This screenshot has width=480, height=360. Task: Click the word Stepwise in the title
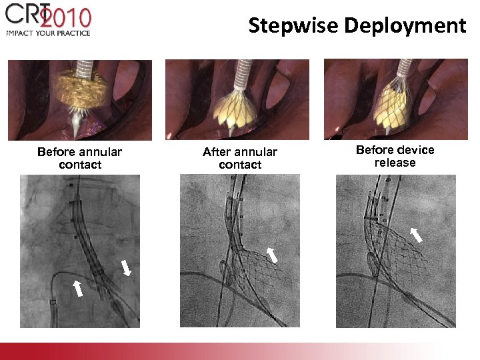[293, 25]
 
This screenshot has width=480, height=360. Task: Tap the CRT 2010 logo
[50, 16]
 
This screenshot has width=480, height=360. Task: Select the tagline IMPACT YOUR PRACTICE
[48, 32]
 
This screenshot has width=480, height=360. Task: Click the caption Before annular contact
[80, 158]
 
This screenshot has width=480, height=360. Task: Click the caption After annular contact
[240, 158]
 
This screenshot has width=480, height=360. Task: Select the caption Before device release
[395, 156]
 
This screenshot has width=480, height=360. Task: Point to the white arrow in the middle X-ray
[272, 254]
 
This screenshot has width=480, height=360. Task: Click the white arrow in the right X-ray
[416, 234]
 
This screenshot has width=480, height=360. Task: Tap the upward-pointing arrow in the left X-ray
[78, 288]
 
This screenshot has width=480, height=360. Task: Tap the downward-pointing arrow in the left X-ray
[126, 268]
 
